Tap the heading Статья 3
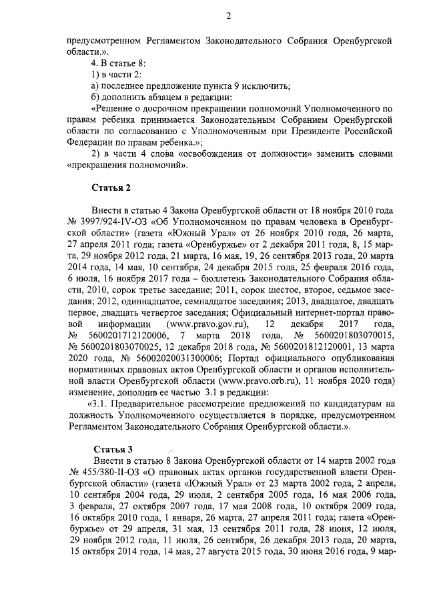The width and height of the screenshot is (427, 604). click(x=113, y=448)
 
